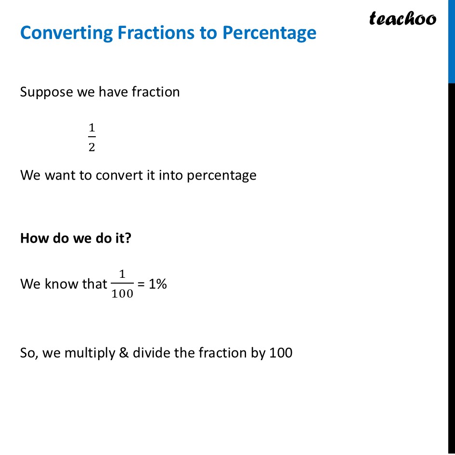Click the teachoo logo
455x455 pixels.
(402, 18)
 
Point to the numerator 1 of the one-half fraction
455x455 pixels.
(91, 128)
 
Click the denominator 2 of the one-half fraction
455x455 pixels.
(91, 147)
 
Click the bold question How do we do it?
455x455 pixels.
(76, 238)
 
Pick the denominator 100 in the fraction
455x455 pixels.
(122, 294)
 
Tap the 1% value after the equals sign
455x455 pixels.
(157, 284)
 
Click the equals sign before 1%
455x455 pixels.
(141, 285)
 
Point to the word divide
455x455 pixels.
(151, 353)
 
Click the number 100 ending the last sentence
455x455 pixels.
(281, 353)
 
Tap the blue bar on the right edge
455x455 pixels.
(452, 41)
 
